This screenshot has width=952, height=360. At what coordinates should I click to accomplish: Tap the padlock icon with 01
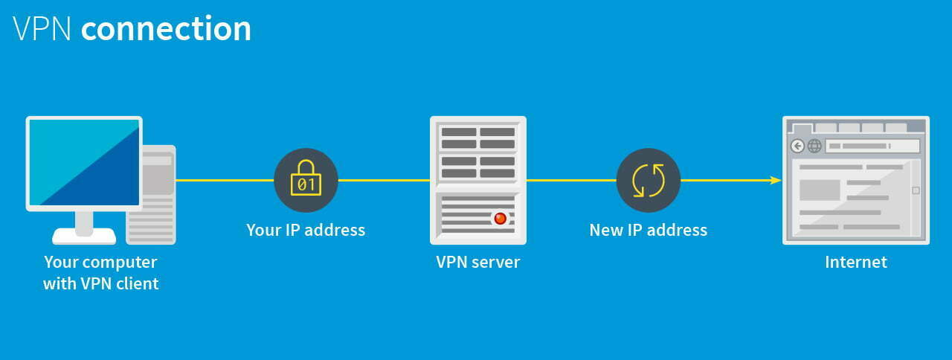coord(306,180)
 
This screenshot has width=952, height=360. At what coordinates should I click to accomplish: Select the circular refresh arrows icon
coord(648,180)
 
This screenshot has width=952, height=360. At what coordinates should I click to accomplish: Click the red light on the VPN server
coord(500,218)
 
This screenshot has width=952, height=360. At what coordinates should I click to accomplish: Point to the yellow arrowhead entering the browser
coord(776,180)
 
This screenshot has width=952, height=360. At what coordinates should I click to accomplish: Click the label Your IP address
coord(306,230)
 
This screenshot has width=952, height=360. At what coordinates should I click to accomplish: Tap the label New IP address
coord(648,230)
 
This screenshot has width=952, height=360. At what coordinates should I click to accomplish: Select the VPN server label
coord(477,262)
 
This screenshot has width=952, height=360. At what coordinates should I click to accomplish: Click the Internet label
coord(855,262)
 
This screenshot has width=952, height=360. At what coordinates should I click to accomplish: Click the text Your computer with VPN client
coord(100,272)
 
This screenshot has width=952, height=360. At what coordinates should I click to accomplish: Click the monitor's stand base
coord(84,236)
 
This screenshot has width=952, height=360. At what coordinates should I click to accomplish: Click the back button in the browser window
coord(798,146)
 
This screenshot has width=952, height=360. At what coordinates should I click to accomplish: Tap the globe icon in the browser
coord(814,146)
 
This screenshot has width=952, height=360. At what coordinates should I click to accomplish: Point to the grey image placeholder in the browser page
coord(819,190)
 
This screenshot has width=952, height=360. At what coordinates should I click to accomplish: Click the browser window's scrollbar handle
coord(916,190)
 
